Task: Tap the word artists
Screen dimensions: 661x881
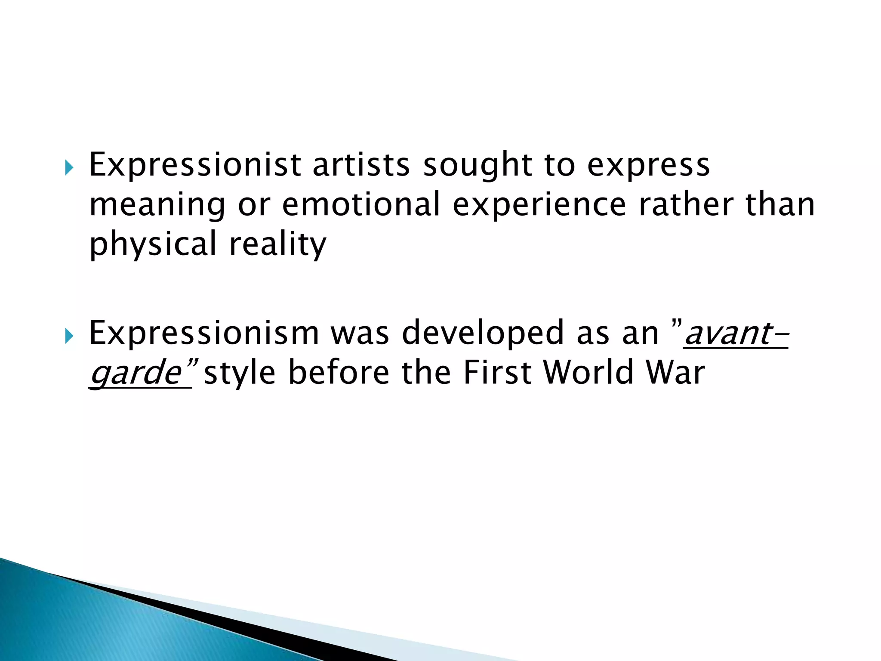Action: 361,164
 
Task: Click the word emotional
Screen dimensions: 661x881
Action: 361,204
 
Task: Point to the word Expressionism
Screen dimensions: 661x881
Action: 204,333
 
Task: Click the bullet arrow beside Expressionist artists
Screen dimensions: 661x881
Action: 69,167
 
